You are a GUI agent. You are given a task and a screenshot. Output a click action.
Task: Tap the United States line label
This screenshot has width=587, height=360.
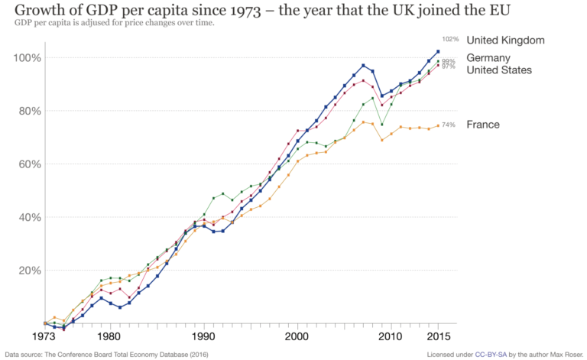[x=499, y=70]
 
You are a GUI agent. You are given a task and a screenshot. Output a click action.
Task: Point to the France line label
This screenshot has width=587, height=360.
[x=482, y=125]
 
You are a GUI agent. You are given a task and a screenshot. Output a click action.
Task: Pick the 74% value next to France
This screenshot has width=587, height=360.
[x=449, y=125]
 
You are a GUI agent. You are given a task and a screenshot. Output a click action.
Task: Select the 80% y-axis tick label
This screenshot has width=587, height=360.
[x=29, y=111]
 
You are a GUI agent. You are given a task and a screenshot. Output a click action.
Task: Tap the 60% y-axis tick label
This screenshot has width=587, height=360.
[x=29, y=164]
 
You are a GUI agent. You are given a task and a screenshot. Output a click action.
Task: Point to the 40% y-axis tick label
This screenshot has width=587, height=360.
[x=29, y=217]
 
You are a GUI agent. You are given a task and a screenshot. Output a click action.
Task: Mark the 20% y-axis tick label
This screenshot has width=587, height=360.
[x=29, y=270]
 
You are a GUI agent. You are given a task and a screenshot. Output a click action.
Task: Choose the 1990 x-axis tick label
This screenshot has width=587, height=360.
[x=203, y=336]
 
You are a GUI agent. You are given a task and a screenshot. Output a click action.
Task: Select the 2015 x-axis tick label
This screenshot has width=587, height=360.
[x=438, y=336]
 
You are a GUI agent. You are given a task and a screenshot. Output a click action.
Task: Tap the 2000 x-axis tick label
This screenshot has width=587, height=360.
[x=297, y=336]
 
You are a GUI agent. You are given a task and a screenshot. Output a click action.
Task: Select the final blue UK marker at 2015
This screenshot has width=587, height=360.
[x=438, y=52]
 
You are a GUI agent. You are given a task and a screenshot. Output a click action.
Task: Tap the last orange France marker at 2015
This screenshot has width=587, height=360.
[x=438, y=125]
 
